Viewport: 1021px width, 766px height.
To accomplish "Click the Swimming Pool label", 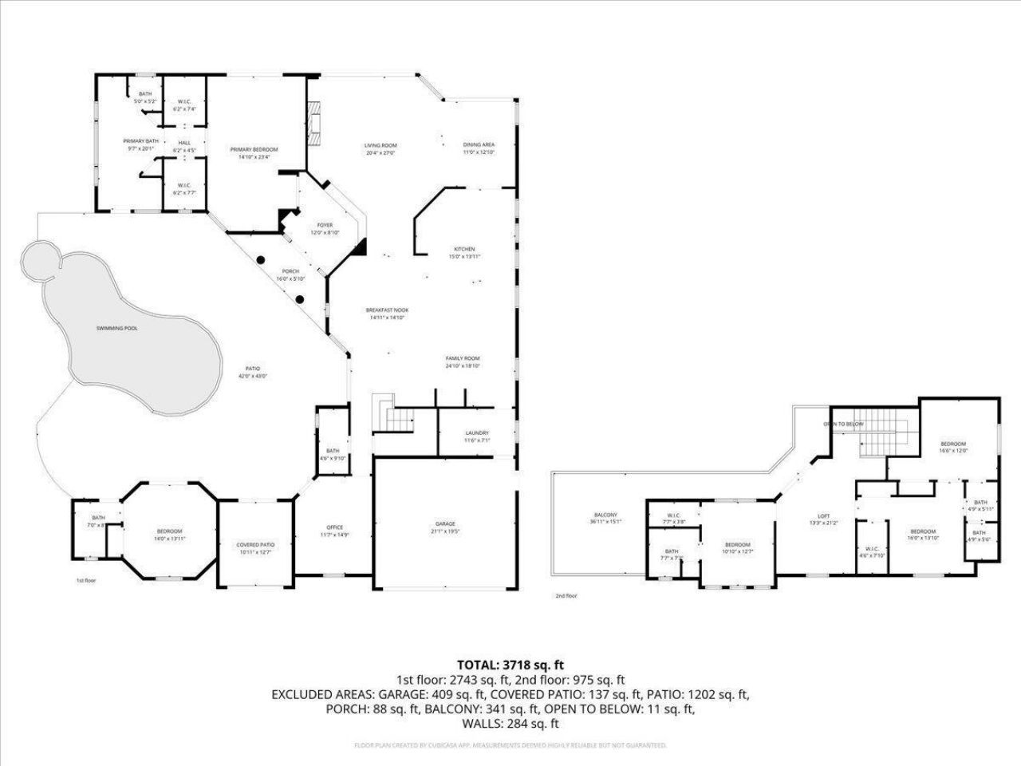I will (x=116, y=328).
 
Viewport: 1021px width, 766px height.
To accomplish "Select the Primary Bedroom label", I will (x=254, y=150).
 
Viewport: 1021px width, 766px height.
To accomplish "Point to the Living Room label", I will (x=380, y=145).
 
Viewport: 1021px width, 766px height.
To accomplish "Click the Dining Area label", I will (x=479, y=145).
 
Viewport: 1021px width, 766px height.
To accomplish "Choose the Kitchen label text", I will (x=464, y=249).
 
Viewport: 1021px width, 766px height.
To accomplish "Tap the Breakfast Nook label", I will (x=388, y=310).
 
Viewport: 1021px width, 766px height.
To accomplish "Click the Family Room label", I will (x=462, y=358).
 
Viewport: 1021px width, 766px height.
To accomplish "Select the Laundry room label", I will (x=477, y=432).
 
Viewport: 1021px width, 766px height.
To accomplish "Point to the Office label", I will (x=335, y=527).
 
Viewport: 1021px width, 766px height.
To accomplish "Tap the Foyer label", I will (x=325, y=225).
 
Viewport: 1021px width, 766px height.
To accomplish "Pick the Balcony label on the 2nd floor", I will (x=605, y=515).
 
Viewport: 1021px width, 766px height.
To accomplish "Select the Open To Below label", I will (x=843, y=424).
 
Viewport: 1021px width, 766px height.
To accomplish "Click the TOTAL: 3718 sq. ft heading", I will (x=510, y=664).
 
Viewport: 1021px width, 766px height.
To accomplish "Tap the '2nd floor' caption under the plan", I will (x=566, y=595).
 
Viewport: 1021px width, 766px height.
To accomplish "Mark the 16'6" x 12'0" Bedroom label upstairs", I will (x=953, y=444).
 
